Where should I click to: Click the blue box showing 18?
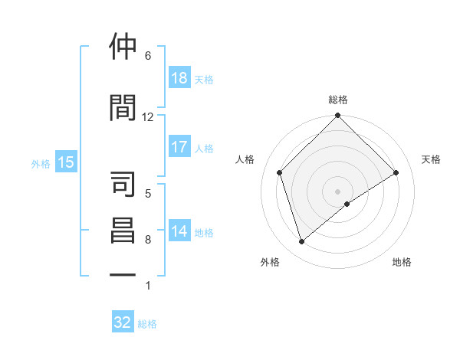(x=179, y=78)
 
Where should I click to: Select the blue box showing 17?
(x=179, y=147)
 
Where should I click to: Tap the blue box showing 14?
(x=179, y=232)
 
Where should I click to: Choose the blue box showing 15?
(x=66, y=162)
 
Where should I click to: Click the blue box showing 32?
(x=123, y=322)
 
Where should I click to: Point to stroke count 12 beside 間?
(x=147, y=117)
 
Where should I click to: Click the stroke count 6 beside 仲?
(x=147, y=56)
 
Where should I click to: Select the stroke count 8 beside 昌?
(x=147, y=240)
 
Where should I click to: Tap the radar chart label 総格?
(x=338, y=100)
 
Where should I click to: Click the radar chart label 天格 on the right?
(x=432, y=159)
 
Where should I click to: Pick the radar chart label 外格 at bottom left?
(x=270, y=262)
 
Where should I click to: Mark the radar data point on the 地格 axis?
(x=347, y=204)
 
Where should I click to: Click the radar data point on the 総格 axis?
(x=338, y=116)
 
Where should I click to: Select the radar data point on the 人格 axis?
(x=280, y=172)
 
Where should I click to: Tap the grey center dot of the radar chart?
(x=338, y=191)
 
